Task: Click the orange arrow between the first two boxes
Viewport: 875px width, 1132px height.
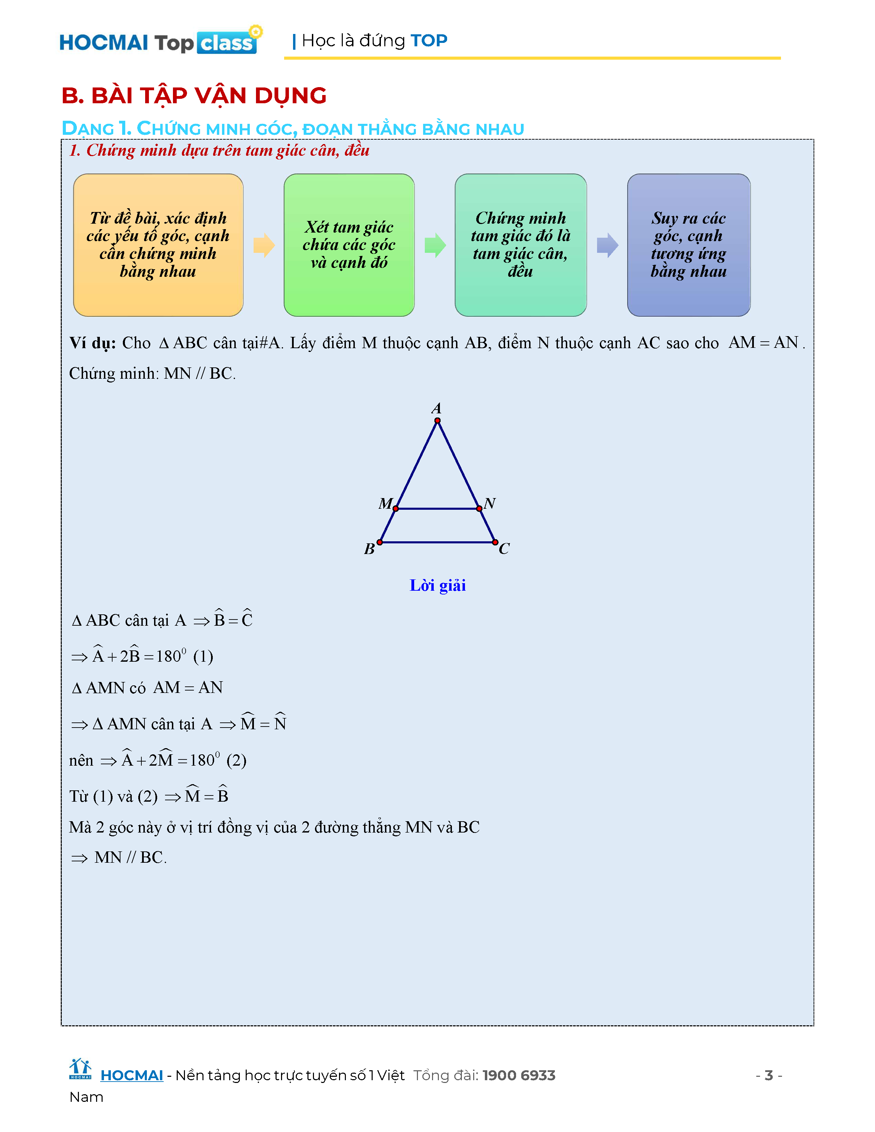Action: (264, 245)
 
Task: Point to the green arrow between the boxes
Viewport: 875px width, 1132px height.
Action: (435, 245)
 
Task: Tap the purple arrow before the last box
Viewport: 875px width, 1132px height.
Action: (607, 245)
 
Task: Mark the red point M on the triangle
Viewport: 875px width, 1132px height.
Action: (396, 508)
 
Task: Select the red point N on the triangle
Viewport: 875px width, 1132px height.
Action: (479, 508)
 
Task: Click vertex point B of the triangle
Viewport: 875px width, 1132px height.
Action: (380, 542)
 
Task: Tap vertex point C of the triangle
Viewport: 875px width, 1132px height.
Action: (495, 542)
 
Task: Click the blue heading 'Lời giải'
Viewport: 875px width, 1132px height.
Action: (437, 585)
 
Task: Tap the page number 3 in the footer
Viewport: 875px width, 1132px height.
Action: (769, 1075)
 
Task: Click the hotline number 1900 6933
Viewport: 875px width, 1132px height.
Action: (518, 1075)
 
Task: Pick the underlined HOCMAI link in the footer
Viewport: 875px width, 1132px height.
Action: (132, 1075)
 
